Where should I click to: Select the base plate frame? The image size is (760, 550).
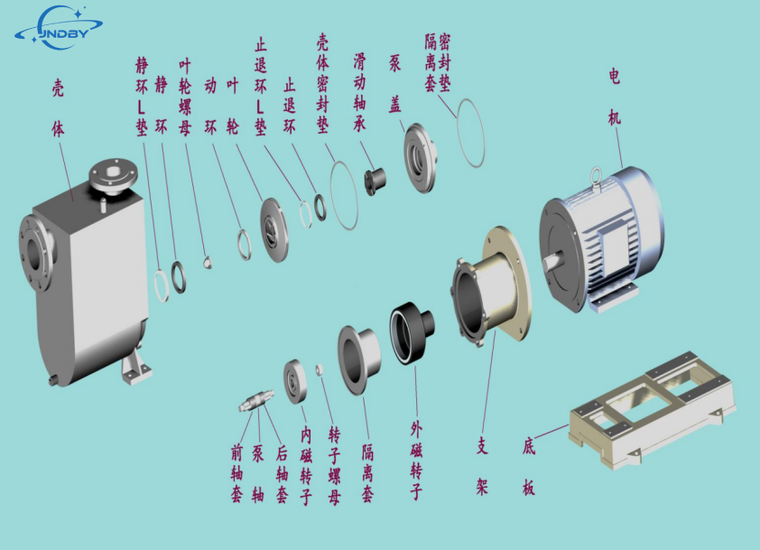pyautogui.click(x=653, y=411)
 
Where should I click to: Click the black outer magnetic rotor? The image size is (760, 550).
pyautogui.click(x=412, y=333)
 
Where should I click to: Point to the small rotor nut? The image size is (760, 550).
pyautogui.click(x=319, y=370)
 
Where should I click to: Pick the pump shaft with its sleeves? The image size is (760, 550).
pyautogui.click(x=256, y=401)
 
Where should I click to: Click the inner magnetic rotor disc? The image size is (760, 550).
pyautogui.click(x=295, y=382)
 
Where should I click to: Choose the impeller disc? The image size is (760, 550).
pyautogui.click(x=274, y=231)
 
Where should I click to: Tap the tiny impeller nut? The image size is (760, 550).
pyautogui.click(x=208, y=262)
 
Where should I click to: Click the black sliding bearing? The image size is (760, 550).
pyautogui.click(x=375, y=181)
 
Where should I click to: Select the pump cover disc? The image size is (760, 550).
pyautogui.click(x=420, y=158)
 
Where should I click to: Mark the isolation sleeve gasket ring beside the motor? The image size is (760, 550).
pyautogui.click(x=470, y=133)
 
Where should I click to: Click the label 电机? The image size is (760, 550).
pyautogui.click(x=614, y=97)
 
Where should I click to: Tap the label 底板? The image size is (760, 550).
pyautogui.click(x=529, y=467)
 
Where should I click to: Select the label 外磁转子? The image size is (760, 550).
pyautogui.click(x=416, y=461)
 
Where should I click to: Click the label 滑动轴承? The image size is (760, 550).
pyautogui.click(x=359, y=92)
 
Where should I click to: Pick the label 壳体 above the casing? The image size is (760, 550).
pyautogui.click(x=58, y=108)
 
